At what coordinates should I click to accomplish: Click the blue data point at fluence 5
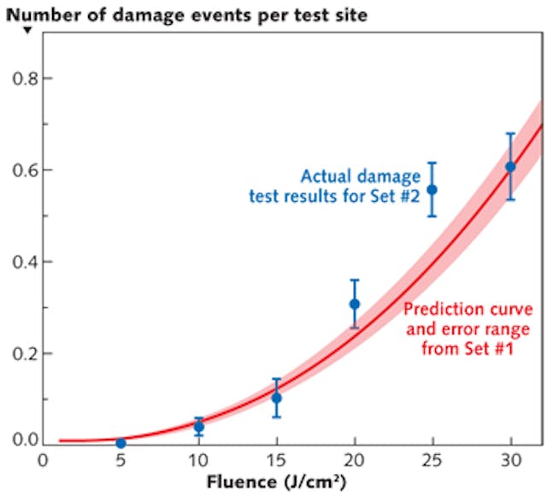coord(121,443)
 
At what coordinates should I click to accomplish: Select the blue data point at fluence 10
coord(199,426)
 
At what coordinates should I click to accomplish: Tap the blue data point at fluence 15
coord(276,398)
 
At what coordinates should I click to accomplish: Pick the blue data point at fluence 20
coord(355,304)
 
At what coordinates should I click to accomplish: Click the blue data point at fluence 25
coord(432,189)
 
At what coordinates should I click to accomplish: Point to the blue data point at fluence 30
coord(510,167)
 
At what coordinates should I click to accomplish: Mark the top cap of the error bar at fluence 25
coord(432,163)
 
